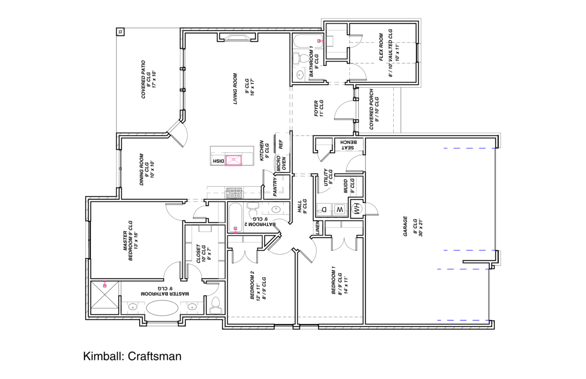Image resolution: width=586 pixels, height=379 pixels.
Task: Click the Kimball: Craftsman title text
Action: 132,357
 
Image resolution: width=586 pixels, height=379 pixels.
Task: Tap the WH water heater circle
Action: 356,209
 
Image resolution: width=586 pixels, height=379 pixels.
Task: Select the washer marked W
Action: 340,209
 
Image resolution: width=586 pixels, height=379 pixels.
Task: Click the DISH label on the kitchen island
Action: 219,161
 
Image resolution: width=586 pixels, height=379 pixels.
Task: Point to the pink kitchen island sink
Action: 233,160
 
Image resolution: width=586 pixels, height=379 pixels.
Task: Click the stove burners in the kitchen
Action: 234,193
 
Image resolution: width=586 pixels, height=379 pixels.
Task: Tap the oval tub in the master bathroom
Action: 162,308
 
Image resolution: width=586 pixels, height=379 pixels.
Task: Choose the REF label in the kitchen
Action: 281,144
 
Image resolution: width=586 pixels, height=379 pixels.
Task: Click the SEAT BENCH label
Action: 348,145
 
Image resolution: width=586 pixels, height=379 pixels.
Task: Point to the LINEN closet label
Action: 318,228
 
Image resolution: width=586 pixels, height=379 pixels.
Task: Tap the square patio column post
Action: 120,32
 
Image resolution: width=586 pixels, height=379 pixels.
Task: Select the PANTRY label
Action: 275,186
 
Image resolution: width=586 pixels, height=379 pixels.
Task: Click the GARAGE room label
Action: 405,226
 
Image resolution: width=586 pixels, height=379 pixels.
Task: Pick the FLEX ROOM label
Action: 381,47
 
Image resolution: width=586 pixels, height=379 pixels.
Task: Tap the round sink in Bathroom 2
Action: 275,209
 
